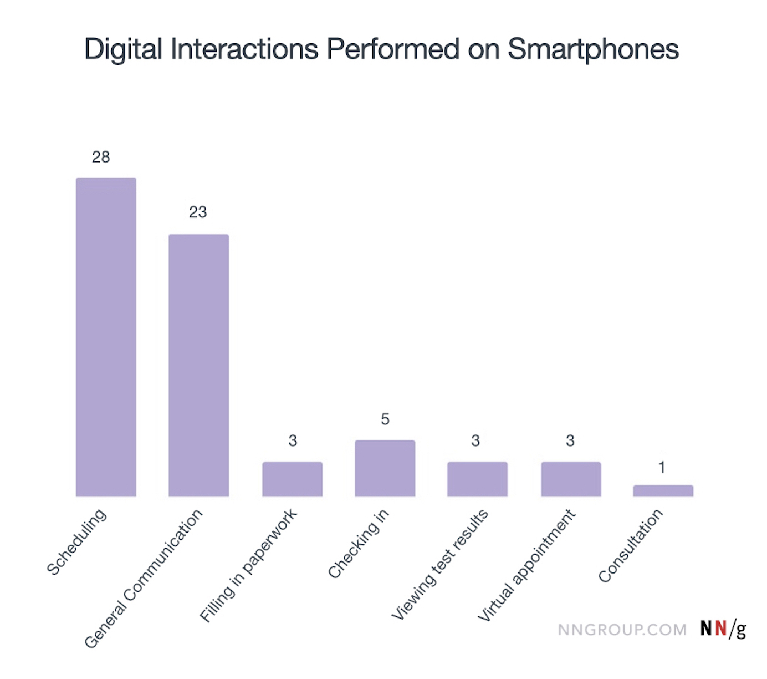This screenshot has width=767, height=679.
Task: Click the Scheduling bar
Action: coord(106,337)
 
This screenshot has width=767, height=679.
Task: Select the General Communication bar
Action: coord(198,365)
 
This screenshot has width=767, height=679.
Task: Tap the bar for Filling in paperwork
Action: coord(292,479)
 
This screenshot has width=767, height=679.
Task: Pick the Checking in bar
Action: coord(385,468)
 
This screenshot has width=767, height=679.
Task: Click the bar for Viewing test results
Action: coord(477,479)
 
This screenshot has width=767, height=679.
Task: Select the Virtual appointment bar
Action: coord(571,479)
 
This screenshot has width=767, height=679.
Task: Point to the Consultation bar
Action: coord(663,491)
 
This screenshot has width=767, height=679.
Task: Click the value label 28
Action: coord(101,157)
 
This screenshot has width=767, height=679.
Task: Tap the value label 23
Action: coord(198,212)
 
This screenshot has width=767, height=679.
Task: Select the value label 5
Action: coord(385,419)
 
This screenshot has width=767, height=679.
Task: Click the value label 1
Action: coord(662,468)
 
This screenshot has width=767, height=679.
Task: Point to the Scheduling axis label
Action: coord(76,542)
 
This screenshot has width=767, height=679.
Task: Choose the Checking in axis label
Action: coord(359,544)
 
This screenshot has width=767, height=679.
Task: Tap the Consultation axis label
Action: coord(631,546)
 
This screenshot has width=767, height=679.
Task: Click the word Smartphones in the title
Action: coord(593,49)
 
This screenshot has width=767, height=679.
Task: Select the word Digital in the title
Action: coord(123,49)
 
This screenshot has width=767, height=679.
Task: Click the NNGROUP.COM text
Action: coord(622,630)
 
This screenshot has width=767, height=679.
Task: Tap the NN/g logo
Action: coord(723,629)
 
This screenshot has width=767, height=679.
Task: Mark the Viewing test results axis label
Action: coord(440,564)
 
